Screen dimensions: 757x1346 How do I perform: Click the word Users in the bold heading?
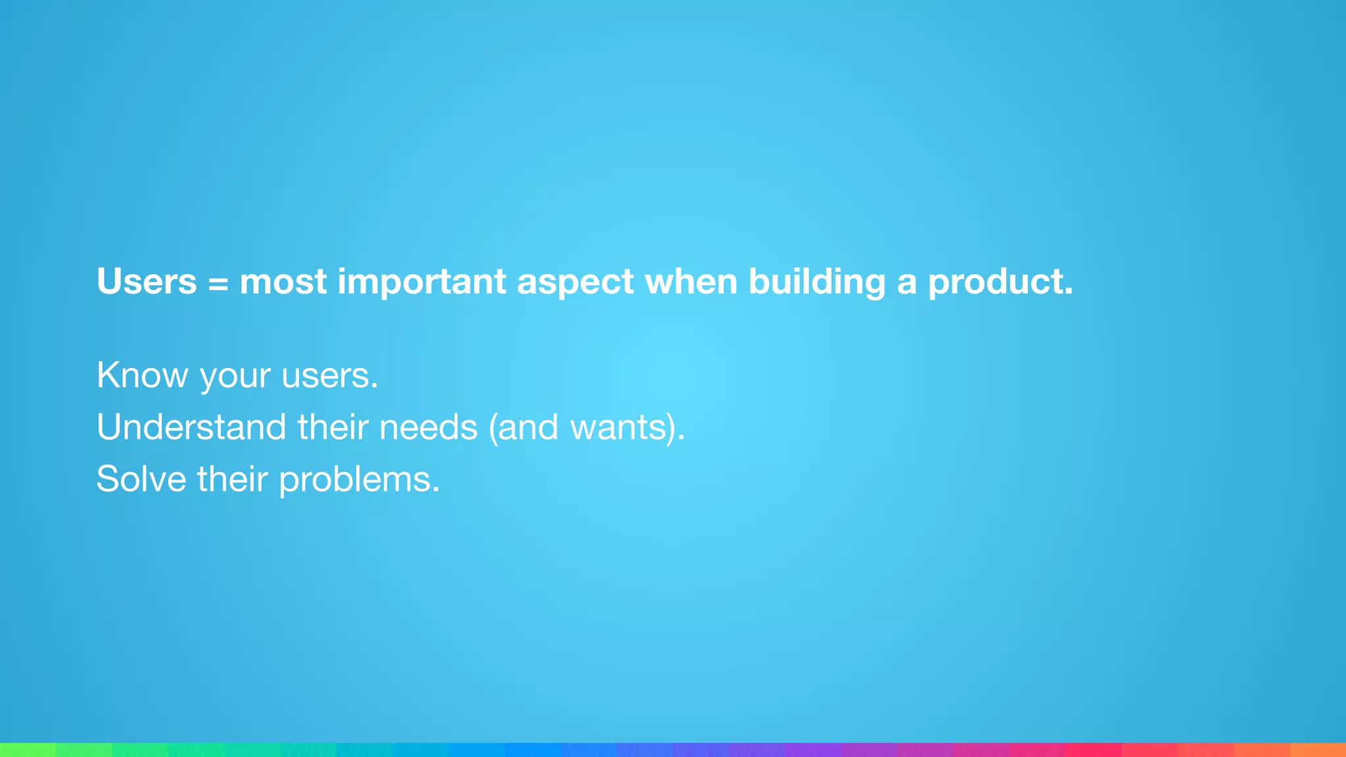(x=147, y=282)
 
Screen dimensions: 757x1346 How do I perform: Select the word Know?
(x=142, y=375)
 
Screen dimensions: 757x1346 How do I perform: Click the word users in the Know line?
(x=329, y=377)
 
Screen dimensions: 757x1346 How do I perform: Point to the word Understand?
(x=191, y=427)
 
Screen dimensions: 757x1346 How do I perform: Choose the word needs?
(x=428, y=427)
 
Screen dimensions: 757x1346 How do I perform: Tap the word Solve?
(x=141, y=479)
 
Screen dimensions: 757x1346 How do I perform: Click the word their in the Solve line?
(x=232, y=479)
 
